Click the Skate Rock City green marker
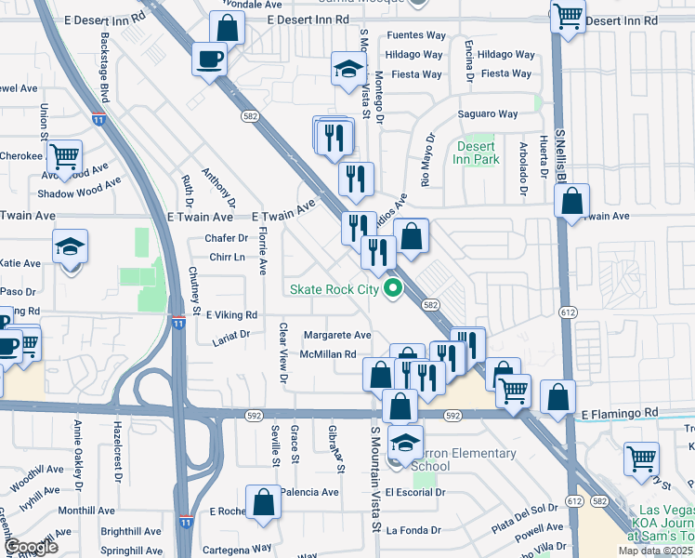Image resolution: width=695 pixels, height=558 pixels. [x=393, y=288]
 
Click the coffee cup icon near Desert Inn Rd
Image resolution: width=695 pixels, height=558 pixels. [x=208, y=60]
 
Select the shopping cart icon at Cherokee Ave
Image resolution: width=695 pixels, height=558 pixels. [x=65, y=157]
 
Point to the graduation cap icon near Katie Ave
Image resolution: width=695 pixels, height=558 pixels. [x=70, y=247]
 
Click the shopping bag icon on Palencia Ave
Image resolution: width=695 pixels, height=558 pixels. [x=264, y=501]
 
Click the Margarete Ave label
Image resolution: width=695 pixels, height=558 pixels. [x=337, y=335]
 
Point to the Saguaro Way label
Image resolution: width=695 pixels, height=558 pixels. [x=488, y=114]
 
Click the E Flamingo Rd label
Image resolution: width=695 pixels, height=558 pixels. [x=620, y=412]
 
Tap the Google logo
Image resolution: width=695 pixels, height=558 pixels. [x=31, y=547]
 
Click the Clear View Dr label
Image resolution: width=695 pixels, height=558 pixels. [x=284, y=354]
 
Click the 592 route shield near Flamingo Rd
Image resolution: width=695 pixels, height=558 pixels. [x=452, y=415]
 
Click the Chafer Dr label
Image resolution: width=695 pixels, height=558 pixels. [x=227, y=238]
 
